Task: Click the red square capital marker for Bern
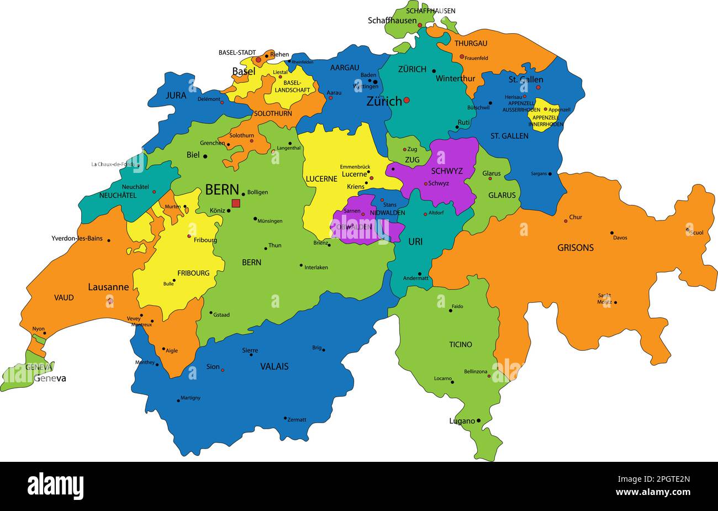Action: (x=236, y=203)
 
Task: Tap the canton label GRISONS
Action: (x=575, y=248)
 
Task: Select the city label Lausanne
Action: (x=108, y=287)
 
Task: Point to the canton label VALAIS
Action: (x=274, y=366)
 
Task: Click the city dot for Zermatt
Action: (x=285, y=418)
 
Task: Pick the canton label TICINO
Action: (x=460, y=345)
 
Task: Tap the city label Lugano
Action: (x=462, y=421)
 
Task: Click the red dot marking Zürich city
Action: (x=406, y=100)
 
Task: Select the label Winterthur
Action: (x=455, y=78)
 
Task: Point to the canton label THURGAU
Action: (x=471, y=43)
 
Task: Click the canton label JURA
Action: (x=176, y=96)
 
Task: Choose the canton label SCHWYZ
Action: (x=447, y=171)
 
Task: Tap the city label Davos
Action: (x=620, y=238)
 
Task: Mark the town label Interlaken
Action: (x=316, y=267)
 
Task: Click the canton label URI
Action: (x=415, y=241)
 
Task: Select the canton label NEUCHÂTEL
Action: (x=118, y=196)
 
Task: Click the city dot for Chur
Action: (x=566, y=221)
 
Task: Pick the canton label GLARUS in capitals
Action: (x=501, y=195)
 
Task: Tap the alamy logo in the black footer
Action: (x=55, y=486)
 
